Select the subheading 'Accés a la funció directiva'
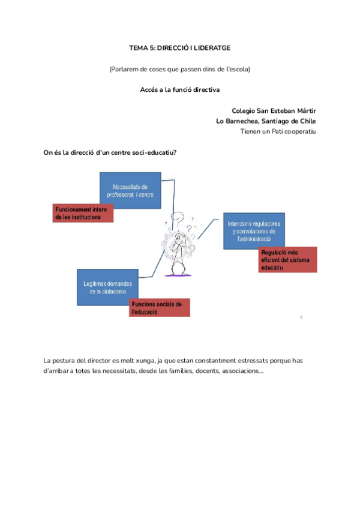pyautogui.click(x=180, y=89)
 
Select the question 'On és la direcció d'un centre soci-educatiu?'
pyautogui.click(x=110, y=152)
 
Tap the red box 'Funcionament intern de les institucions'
pyautogui.click(x=83, y=213)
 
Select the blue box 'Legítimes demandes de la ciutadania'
pyautogui.click(x=107, y=287)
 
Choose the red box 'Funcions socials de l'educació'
pyautogui.click(x=160, y=307)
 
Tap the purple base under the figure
pyautogui.click(x=180, y=274)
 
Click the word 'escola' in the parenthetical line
pyautogui.click(x=236, y=69)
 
